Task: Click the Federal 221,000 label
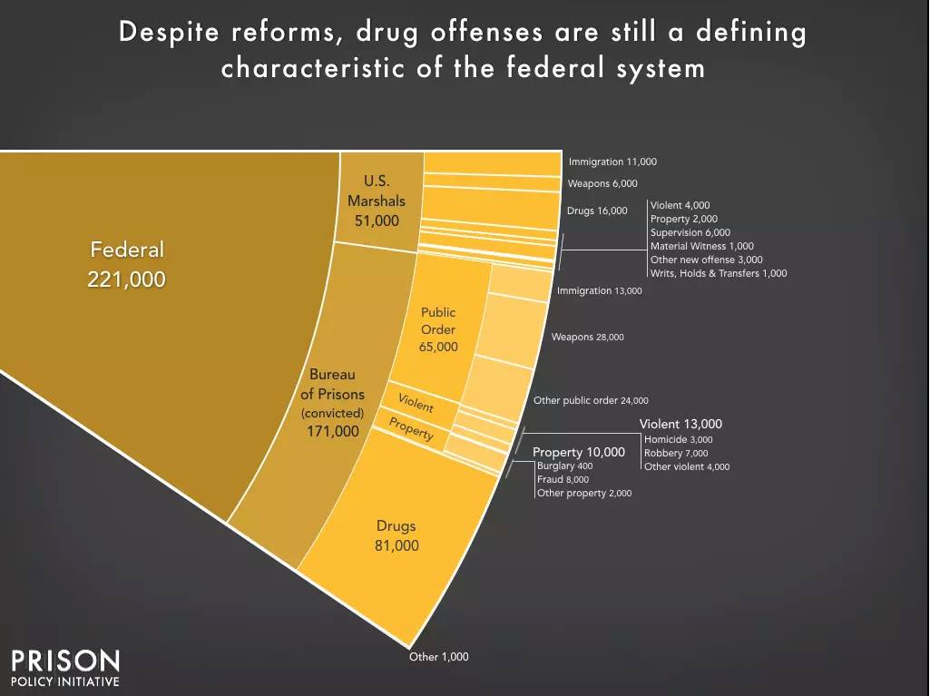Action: (x=126, y=264)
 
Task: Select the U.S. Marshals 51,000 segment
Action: (x=377, y=201)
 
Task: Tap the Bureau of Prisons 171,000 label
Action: (x=332, y=402)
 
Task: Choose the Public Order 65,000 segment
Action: (x=438, y=328)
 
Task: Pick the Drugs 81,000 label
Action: (x=396, y=535)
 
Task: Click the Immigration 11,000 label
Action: (x=612, y=162)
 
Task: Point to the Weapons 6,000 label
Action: (x=603, y=183)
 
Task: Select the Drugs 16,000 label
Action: (x=597, y=211)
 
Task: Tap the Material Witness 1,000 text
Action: (x=701, y=246)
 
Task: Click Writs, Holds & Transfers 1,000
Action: (x=718, y=273)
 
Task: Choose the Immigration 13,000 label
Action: (x=599, y=291)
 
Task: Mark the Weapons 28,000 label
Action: (x=587, y=337)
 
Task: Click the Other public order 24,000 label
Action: (x=591, y=400)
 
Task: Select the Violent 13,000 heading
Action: (x=680, y=424)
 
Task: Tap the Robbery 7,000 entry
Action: (x=676, y=453)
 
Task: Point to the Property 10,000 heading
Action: (x=578, y=452)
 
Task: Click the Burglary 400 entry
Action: (x=564, y=466)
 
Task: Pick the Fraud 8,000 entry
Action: (x=563, y=479)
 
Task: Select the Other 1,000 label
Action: (x=438, y=656)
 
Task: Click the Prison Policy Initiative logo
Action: (x=64, y=668)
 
